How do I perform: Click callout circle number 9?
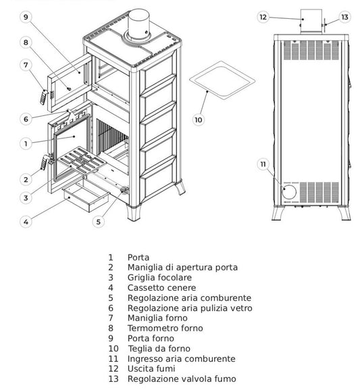tap(26, 18)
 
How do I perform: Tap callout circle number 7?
tap(26, 65)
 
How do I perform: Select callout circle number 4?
tap(26, 221)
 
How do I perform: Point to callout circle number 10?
tap(198, 120)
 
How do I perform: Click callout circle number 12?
tap(263, 17)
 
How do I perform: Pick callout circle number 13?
tap(344, 17)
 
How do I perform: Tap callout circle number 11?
tap(263, 164)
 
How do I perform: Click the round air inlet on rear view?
tap(288, 192)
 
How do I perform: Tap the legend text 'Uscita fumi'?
tap(152, 369)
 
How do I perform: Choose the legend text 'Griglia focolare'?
tap(159, 278)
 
